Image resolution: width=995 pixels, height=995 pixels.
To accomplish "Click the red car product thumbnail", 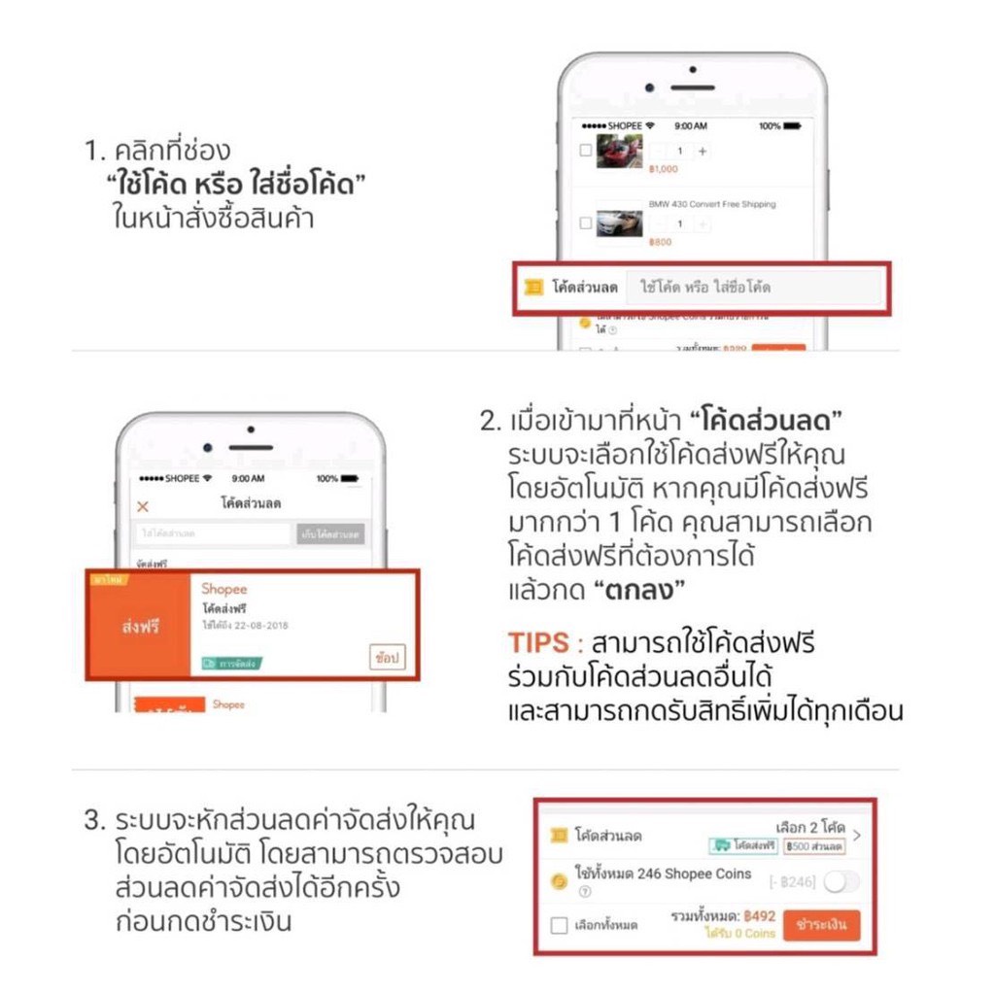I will (x=619, y=152).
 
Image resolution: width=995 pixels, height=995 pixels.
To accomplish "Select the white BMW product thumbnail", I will (x=619, y=224).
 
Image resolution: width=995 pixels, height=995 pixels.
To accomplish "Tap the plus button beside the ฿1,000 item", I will (x=703, y=152).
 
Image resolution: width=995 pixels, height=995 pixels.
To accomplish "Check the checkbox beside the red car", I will (x=585, y=152).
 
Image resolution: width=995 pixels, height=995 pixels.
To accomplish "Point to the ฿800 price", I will (x=660, y=242).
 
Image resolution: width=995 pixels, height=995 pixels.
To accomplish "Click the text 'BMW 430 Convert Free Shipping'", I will (x=712, y=205).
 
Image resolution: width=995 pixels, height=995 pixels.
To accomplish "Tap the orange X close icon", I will (x=143, y=505).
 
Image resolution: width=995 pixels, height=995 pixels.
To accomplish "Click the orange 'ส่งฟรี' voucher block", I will (x=139, y=626).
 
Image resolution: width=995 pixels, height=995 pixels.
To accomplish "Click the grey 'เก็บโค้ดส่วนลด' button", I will (x=331, y=533).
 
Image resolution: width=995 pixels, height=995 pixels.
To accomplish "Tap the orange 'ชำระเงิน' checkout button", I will (x=821, y=924).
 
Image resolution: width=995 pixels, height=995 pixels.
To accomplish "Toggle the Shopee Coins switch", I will (x=841, y=881).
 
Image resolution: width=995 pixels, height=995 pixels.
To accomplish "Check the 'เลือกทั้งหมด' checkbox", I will (x=559, y=925).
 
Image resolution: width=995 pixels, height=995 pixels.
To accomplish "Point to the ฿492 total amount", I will (x=759, y=915).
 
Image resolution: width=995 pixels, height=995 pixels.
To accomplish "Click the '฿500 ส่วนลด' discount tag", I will (x=814, y=846).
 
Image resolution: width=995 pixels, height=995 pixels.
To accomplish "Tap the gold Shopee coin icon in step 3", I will (x=559, y=881).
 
